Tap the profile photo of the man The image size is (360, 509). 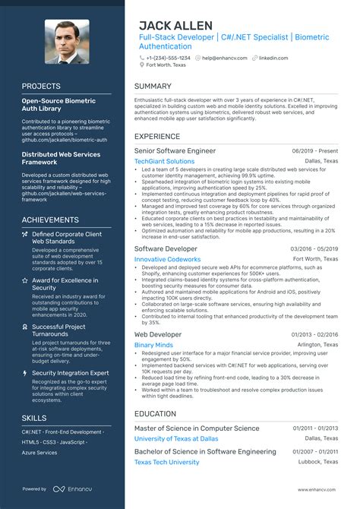[67, 42]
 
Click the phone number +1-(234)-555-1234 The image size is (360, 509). [169, 58]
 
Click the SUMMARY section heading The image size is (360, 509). [153, 86]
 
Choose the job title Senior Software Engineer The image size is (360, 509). [175, 150]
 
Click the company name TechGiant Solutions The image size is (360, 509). [164, 161]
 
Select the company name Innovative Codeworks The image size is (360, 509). [167, 259]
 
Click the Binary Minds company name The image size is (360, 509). [153, 345]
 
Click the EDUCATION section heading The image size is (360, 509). [155, 414]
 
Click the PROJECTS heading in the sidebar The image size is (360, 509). [41, 86]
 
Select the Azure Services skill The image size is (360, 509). [39, 452]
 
